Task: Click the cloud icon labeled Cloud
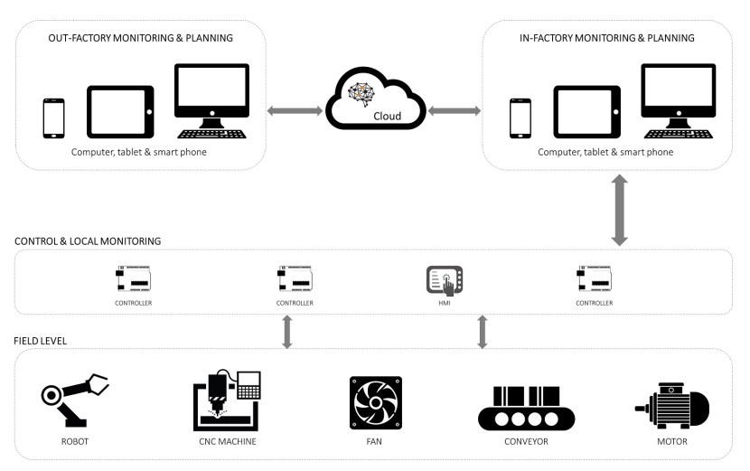[x=375, y=100]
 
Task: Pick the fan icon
[x=375, y=403]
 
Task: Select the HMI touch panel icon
[x=444, y=281]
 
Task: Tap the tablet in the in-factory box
[x=586, y=112]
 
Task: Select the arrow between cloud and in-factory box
[x=454, y=111]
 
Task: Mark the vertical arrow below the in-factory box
[x=619, y=211]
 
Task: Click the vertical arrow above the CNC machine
[x=287, y=331]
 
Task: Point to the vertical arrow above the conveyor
[x=483, y=331]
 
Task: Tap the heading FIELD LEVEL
[x=41, y=340]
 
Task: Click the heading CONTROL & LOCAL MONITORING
[x=88, y=241]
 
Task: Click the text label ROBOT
[x=75, y=442]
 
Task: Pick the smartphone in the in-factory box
[x=520, y=117]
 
